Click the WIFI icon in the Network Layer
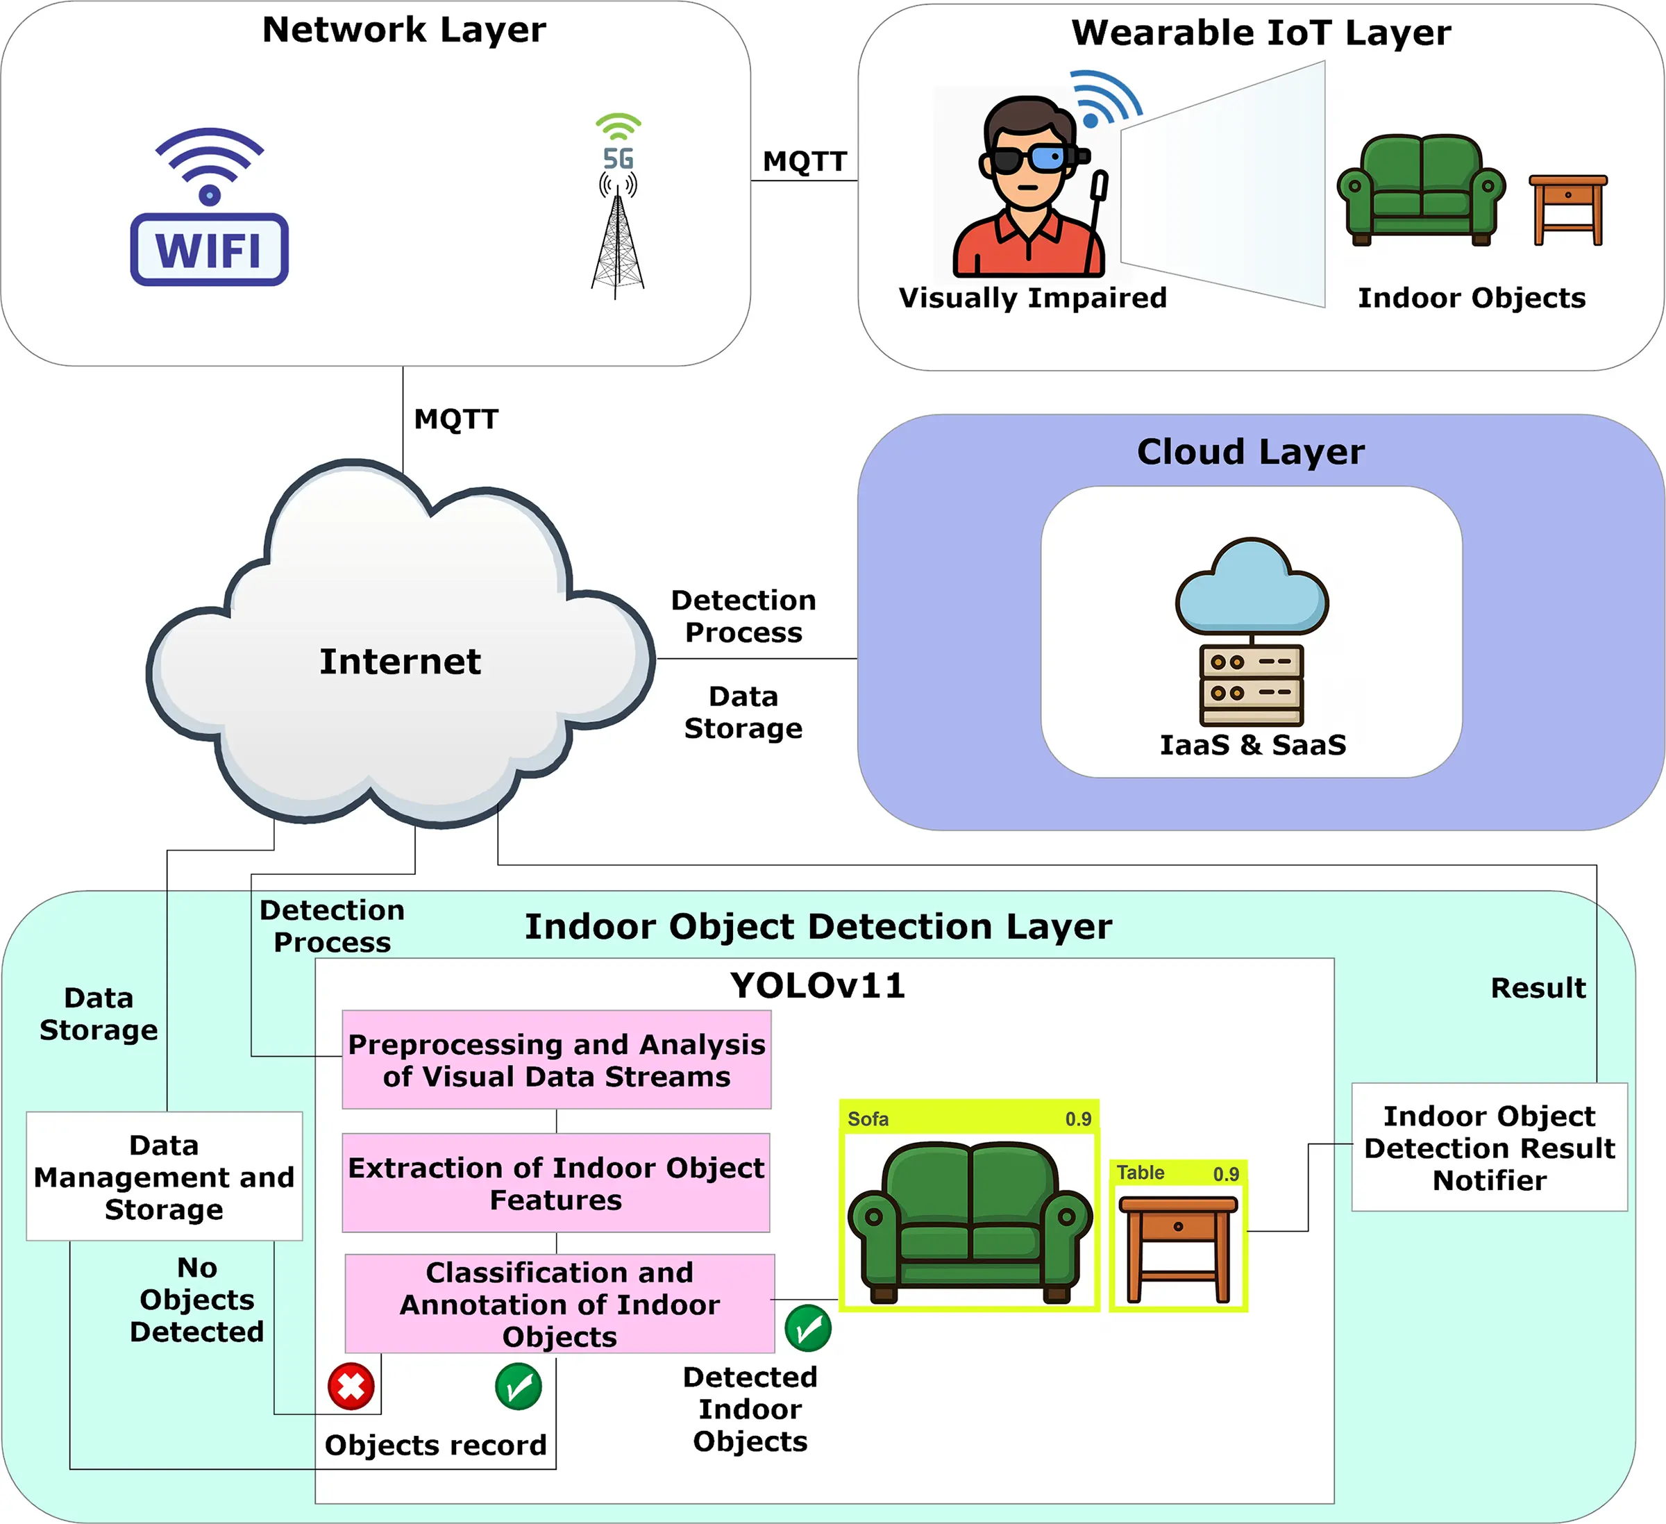tap(209, 208)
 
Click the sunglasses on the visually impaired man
tap(1028, 158)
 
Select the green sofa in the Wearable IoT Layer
tap(1420, 191)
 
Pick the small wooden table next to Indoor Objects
tap(1567, 209)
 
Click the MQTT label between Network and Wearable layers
tap(804, 161)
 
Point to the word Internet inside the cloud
tap(400, 661)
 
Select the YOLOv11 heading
tap(817, 985)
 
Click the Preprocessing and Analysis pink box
tap(556, 1060)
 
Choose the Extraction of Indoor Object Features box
tap(556, 1182)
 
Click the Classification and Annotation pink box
tap(559, 1303)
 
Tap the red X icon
tap(351, 1386)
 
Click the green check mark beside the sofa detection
tap(807, 1328)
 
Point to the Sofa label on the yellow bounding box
tap(868, 1119)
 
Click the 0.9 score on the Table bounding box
tap(1225, 1173)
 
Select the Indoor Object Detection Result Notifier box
tap(1488, 1147)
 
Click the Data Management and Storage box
tap(164, 1176)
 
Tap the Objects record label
tap(435, 1445)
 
